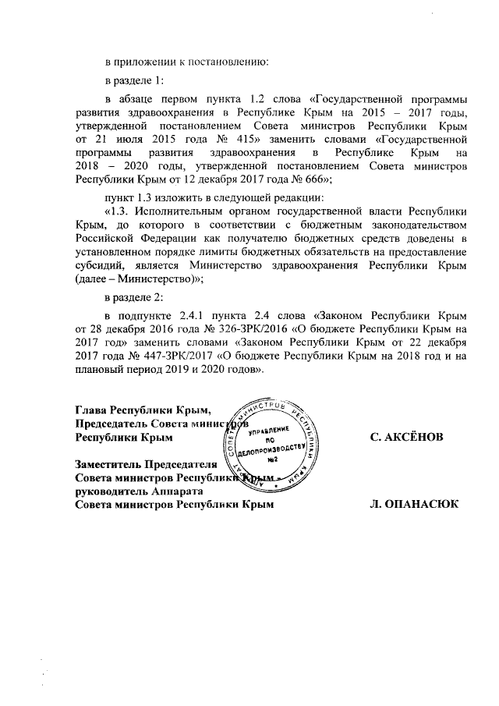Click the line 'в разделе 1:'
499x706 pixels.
click(x=133, y=80)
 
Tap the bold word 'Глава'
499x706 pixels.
click(x=91, y=411)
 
